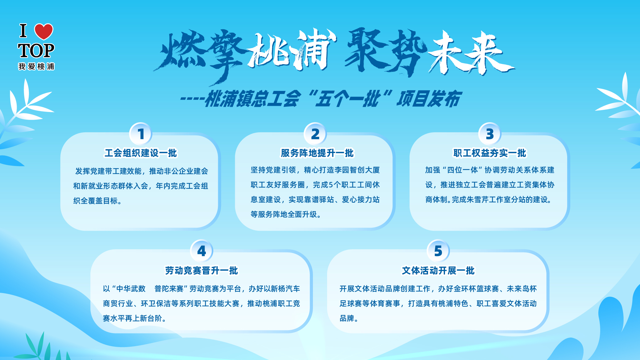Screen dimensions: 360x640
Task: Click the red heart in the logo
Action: [44, 31]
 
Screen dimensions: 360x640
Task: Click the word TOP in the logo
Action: [36, 51]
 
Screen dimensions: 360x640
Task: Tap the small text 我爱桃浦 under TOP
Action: [36, 66]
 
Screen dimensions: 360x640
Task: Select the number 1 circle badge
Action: [141, 134]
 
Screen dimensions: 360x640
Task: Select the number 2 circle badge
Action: [315, 134]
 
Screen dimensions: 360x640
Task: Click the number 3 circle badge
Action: [490, 134]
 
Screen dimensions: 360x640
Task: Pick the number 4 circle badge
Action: [202, 251]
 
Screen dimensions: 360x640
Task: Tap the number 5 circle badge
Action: [438, 251]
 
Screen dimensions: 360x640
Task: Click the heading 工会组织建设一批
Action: [141, 153]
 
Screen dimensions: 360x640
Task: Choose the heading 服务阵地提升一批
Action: [317, 153]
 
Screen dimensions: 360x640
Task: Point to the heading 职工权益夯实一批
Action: [489, 153]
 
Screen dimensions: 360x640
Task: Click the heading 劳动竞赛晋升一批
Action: [202, 271]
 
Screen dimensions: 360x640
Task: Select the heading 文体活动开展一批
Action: [438, 271]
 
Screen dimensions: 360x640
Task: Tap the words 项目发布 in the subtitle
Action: [428, 99]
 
